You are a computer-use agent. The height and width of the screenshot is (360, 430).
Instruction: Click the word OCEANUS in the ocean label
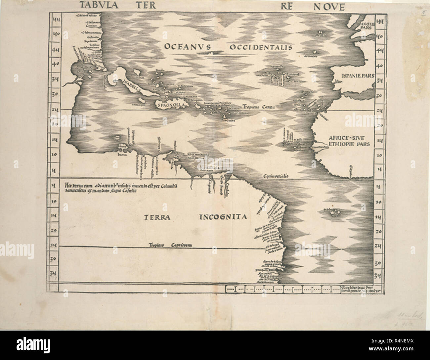pos(187,47)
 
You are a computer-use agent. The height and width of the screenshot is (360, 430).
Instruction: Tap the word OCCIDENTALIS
pos(260,47)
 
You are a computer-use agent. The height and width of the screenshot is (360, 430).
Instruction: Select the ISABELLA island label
pos(131,86)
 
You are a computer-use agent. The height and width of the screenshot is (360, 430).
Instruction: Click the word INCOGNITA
pos(223,217)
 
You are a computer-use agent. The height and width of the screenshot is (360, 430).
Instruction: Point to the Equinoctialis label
pos(274,176)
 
